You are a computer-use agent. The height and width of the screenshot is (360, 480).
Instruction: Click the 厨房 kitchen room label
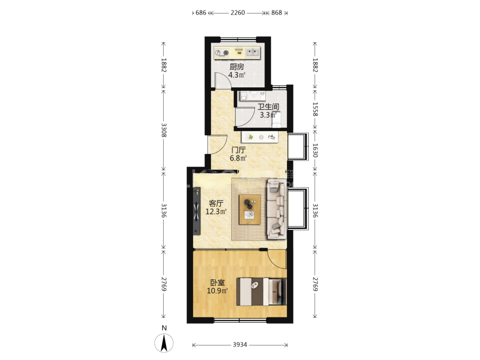[237, 67]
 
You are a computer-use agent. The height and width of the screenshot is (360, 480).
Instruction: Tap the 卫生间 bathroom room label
[268, 107]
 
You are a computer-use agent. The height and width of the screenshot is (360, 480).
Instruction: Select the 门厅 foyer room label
[239, 150]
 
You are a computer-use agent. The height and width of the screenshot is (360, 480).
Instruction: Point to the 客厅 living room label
[216, 203]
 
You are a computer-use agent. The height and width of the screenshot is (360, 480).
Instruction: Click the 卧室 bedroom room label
[217, 283]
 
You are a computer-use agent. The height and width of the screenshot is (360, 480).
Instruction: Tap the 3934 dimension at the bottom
[240, 345]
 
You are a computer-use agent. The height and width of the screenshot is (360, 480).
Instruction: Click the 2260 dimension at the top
[238, 12]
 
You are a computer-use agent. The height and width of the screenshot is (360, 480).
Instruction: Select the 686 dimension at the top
[201, 12]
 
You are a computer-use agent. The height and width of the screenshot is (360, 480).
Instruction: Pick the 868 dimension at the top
[277, 12]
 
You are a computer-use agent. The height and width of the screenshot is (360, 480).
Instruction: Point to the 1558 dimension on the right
[315, 109]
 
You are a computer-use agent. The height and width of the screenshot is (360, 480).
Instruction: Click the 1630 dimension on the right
[315, 150]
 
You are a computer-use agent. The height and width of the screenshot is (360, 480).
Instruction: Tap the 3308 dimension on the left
[164, 130]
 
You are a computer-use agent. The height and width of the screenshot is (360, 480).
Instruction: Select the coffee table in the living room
[250, 209]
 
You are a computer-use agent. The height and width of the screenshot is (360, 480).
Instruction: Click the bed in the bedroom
[262, 292]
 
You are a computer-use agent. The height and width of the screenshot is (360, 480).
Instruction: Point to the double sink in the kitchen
[253, 53]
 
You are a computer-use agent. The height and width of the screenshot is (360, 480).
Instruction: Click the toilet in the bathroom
[277, 120]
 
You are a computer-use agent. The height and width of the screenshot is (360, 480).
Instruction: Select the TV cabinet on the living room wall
[196, 211]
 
